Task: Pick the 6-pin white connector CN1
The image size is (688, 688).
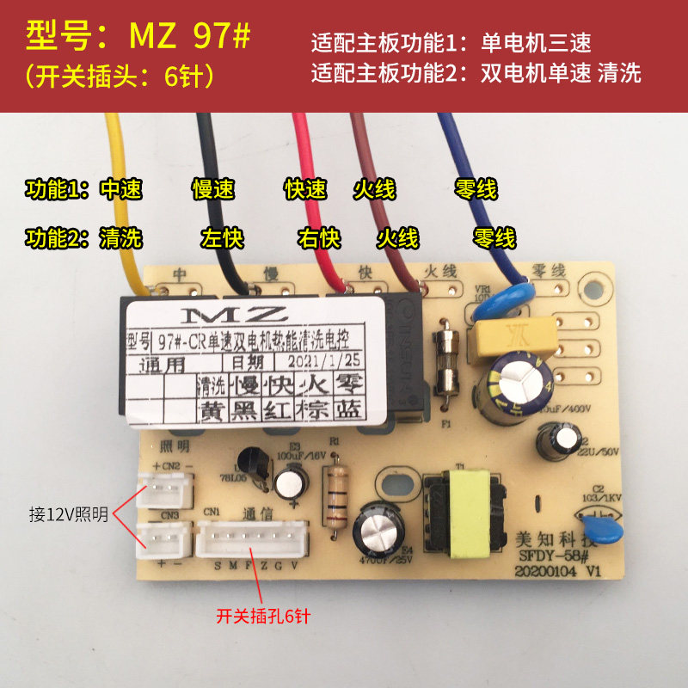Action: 252,543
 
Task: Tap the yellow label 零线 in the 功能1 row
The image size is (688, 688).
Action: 476,189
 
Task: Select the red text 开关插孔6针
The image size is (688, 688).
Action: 267,616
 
